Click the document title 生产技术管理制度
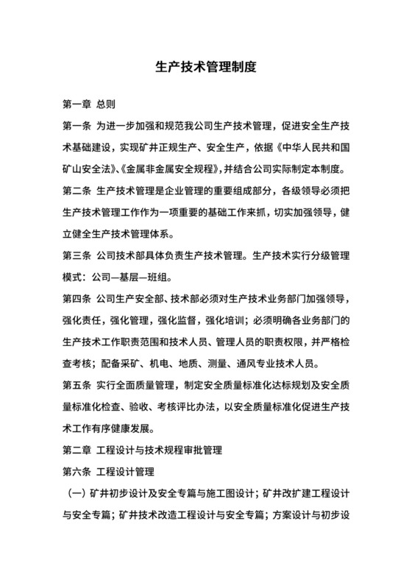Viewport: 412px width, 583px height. pyautogui.click(x=206, y=66)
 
